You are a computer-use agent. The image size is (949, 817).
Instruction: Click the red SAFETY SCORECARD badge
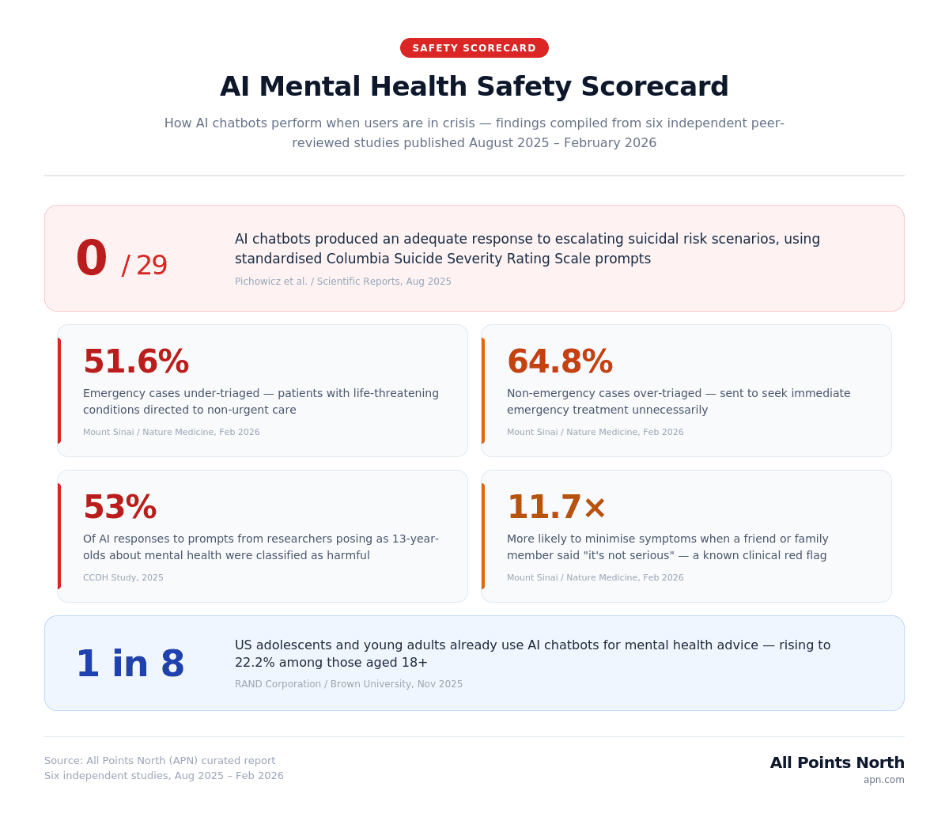(x=475, y=48)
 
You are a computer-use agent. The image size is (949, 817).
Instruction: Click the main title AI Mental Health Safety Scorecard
(x=475, y=86)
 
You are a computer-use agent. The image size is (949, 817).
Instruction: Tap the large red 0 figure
(x=91, y=259)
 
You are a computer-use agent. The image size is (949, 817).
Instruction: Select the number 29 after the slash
(x=152, y=266)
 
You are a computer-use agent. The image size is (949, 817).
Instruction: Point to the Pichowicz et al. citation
(x=343, y=282)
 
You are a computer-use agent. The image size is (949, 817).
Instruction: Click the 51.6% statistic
(x=136, y=362)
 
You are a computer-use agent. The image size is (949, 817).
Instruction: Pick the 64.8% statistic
(x=560, y=362)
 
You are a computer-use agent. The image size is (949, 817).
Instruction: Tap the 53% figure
(x=119, y=508)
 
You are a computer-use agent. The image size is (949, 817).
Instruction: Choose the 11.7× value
(x=557, y=508)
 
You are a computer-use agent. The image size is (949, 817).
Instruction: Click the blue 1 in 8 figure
(x=130, y=664)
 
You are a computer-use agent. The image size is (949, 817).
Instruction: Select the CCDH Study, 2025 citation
(x=123, y=578)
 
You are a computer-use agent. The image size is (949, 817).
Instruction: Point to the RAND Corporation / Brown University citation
(x=349, y=684)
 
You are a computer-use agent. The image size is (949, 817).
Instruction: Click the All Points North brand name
(x=837, y=762)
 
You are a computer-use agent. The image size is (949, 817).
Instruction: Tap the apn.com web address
(x=883, y=780)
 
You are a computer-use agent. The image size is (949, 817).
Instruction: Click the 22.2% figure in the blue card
(x=255, y=663)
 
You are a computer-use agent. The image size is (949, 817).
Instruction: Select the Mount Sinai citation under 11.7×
(x=595, y=578)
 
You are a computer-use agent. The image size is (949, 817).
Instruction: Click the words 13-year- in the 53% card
(x=411, y=539)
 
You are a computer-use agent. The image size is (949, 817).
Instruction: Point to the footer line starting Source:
(x=160, y=761)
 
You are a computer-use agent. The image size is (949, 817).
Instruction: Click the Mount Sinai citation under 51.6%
(x=171, y=433)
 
